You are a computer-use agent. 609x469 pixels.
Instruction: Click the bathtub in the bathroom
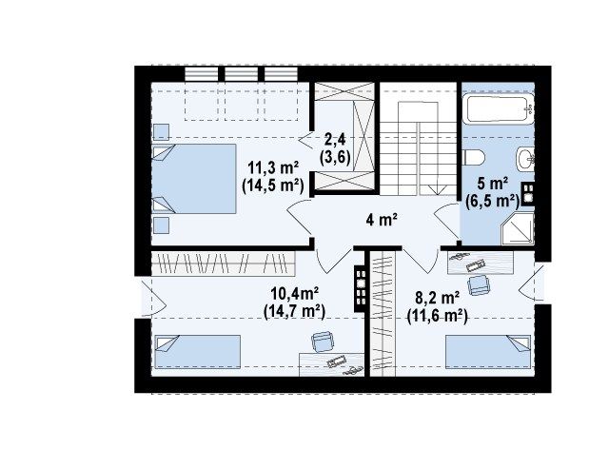pyautogui.click(x=499, y=109)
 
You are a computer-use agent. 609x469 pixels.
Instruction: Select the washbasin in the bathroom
pyautogui.click(x=524, y=159)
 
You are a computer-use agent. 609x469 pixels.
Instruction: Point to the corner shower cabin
pyautogui.click(x=518, y=229)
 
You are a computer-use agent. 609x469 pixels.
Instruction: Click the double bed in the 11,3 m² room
pyautogui.click(x=194, y=179)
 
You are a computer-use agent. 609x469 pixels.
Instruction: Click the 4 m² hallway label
pyautogui.click(x=381, y=220)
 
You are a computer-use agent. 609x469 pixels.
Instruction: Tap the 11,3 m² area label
pyautogui.click(x=273, y=168)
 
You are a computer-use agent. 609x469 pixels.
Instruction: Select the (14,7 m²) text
pyautogui.click(x=294, y=312)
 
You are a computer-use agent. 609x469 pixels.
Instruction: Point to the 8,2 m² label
pyautogui.click(x=438, y=298)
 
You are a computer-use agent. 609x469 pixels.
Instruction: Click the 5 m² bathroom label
pyautogui.click(x=493, y=184)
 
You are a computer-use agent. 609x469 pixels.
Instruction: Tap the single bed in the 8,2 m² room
pyautogui.click(x=488, y=352)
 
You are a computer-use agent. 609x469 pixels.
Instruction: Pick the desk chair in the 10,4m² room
pyautogui.click(x=322, y=342)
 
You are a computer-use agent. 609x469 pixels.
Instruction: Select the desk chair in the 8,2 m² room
pyautogui.click(x=478, y=285)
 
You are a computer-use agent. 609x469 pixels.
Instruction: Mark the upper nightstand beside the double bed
pyautogui.click(x=161, y=132)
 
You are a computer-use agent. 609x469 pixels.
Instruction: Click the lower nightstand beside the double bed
pyautogui.click(x=161, y=225)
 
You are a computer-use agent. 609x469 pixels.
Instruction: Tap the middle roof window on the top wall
pyautogui.click(x=241, y=74)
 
